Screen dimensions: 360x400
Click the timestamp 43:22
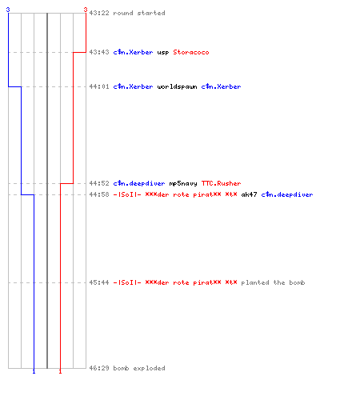coord(99,13)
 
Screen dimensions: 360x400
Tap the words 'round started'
coord(139,13)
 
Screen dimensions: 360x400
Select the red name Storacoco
coord(191,52)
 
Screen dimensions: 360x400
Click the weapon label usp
coord(163,53)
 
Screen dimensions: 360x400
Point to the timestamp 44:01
coord(99,86)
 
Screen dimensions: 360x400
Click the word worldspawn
coord(177,86)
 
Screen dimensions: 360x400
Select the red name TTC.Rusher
coord(221,183)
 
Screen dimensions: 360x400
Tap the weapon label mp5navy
coord(183,183)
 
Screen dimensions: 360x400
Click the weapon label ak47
coord(249,194)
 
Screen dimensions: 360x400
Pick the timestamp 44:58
coord(99,194)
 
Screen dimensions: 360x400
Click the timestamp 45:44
coord(99,282)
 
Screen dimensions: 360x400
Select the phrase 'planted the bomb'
coord(273,282)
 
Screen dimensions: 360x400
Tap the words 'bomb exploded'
coord(139,368)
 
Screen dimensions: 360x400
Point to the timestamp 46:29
coord(99,368)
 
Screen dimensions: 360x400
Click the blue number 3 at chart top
coord(8,10)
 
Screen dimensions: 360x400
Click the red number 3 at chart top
coord(86,10)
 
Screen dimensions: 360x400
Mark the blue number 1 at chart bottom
coord(34,371)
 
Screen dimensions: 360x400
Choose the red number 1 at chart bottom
coord(60,371)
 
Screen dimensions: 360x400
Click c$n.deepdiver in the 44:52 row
coord(139,183)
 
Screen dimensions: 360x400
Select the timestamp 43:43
coord(99,52)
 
